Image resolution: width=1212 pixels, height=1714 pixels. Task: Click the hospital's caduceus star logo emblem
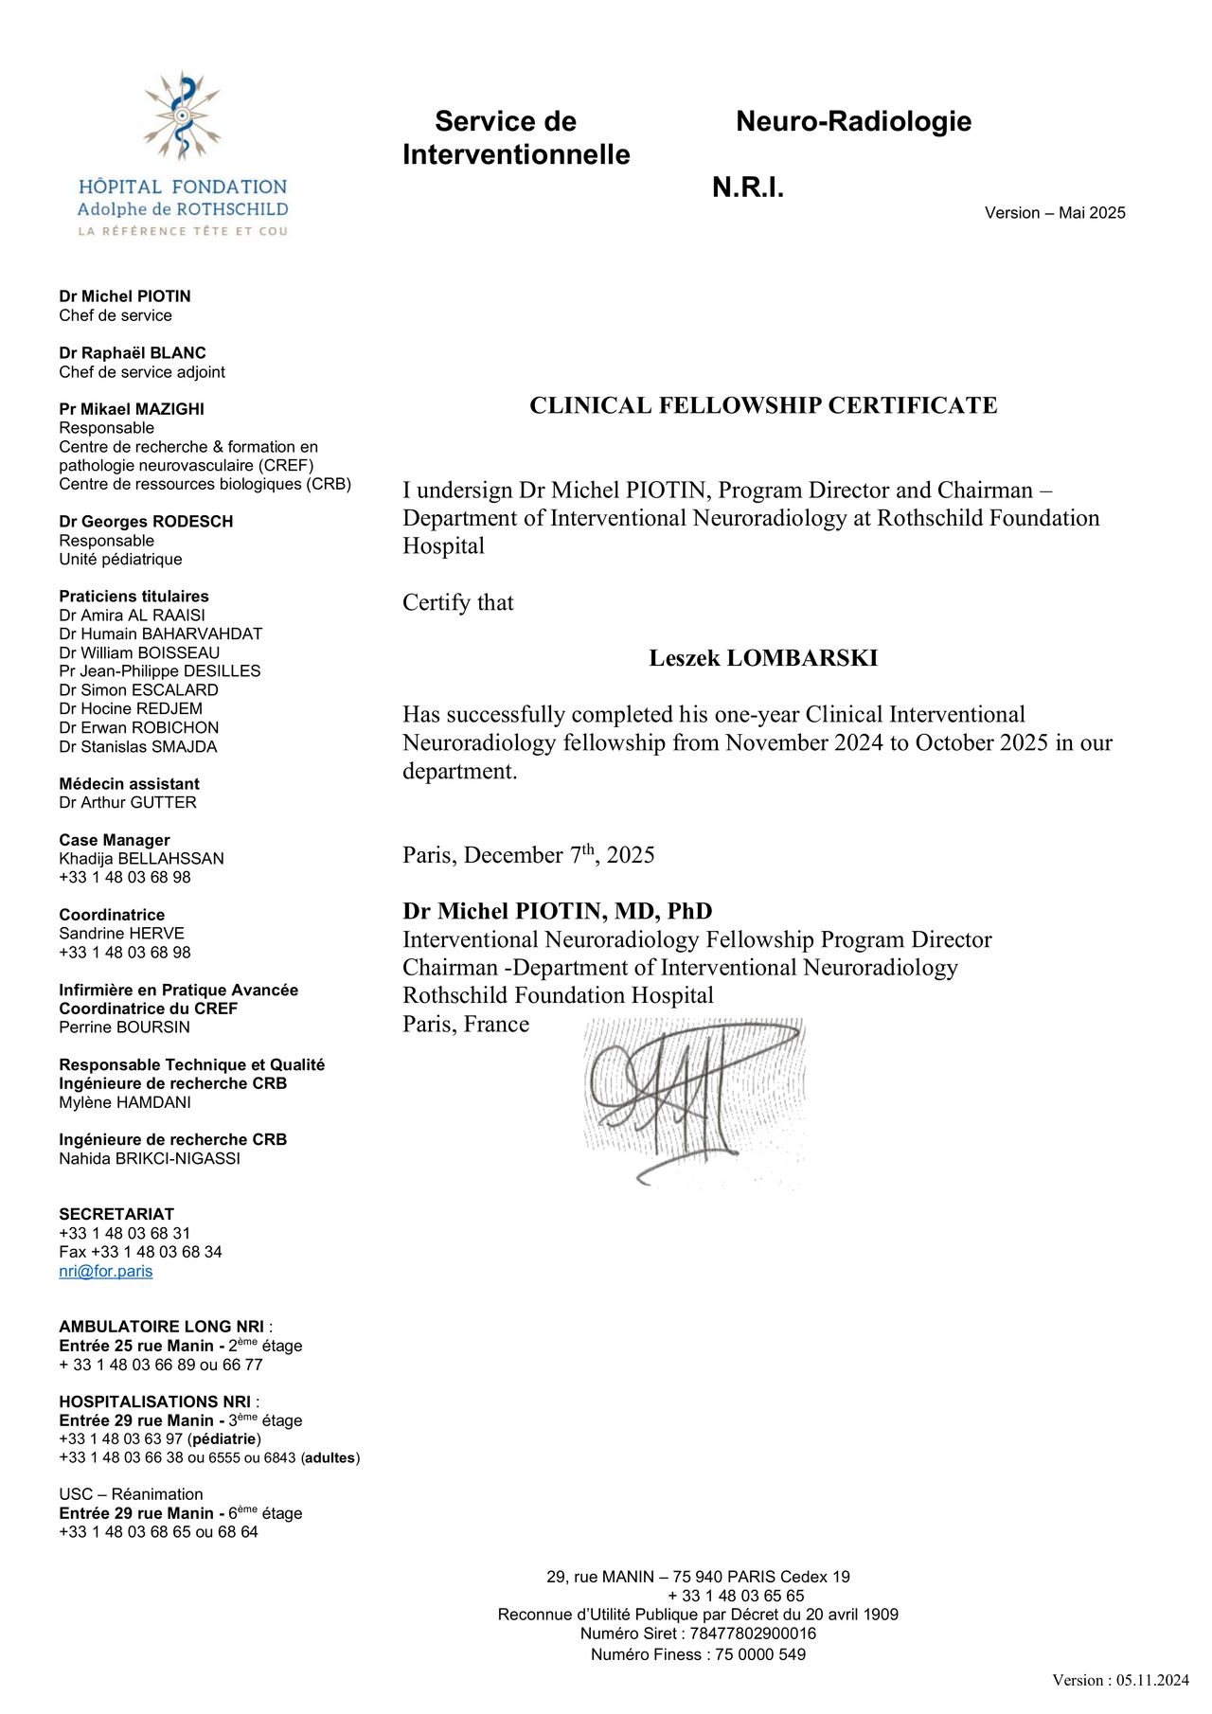tap(182, 116)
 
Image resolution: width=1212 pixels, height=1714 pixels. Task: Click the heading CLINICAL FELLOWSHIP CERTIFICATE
tap(763, 405)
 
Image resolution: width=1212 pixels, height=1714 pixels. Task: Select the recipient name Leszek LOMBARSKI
tap(763, 658)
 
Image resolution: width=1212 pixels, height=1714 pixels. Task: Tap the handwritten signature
tap(691, 1098)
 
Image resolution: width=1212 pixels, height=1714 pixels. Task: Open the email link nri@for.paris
tap(105, 1271)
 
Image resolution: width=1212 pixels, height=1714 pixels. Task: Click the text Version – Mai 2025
tap(1055, 213)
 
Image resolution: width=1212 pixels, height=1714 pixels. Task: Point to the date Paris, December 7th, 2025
tap(528, 855)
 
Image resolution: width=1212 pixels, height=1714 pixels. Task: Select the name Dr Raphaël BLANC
tap(133, 353)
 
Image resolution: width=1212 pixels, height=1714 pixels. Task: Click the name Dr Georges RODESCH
tap(146, 522)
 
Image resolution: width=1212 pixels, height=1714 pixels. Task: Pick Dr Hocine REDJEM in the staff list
tap(131, 708)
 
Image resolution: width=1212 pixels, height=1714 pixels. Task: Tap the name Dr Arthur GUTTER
tap(128, 802)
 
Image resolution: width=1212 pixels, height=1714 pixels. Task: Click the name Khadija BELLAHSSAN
tap(141, 859)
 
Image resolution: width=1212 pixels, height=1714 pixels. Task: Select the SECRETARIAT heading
tap(116, 1214)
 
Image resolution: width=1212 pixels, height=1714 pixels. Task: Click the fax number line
tap(140, 1252)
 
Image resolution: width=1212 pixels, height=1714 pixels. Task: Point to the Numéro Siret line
tap(698, 1634)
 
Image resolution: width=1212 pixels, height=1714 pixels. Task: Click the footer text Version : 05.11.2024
tap(1120, 1680)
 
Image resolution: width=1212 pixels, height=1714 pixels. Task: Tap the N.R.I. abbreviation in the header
tap(748, 187)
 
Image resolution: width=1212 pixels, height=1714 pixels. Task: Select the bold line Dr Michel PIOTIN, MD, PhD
tap(558, 911)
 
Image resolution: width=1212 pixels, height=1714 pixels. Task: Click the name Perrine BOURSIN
tap(124, 1027)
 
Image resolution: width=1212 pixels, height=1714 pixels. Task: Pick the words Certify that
tap(458, 602)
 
